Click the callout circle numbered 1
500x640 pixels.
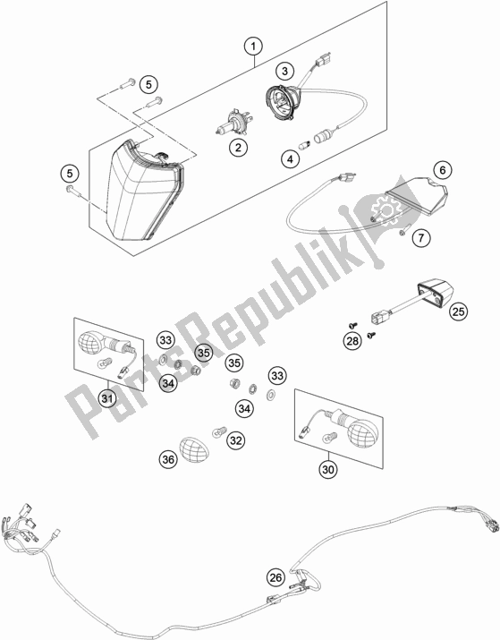(x=253, y=47)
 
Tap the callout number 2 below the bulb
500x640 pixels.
(x=238, y=148)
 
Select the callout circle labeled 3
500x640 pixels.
(x=284, y=71)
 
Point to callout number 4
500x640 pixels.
(x=291, y=158)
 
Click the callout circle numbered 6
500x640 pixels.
(x=443, y=169)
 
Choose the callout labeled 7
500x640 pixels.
(x=421, y=237)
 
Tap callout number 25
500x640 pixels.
(x=458, y=311)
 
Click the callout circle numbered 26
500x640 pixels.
(x=276, y=577)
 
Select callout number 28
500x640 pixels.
(x=352, y=341)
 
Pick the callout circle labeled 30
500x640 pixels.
(x=328, y=470)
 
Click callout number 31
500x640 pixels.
(x=106, y=398)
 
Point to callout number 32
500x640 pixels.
(x=236, y=440)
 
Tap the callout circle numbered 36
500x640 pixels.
(x=168, y=460)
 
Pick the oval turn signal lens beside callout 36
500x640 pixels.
(x=194, y=450)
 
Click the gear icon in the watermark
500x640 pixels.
(x=385, y=209)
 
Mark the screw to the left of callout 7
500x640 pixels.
(x=403, y=233)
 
